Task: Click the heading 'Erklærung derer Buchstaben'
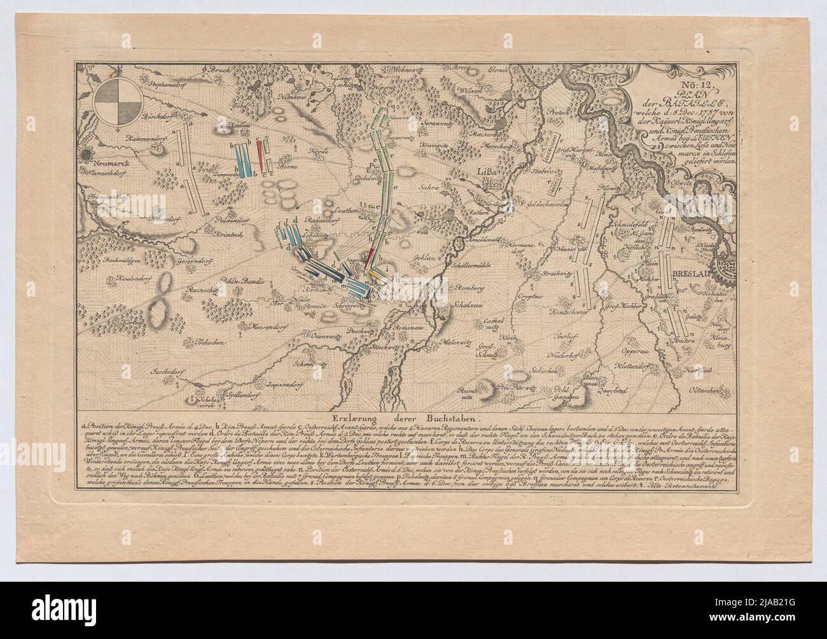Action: (x=413, y=419)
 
